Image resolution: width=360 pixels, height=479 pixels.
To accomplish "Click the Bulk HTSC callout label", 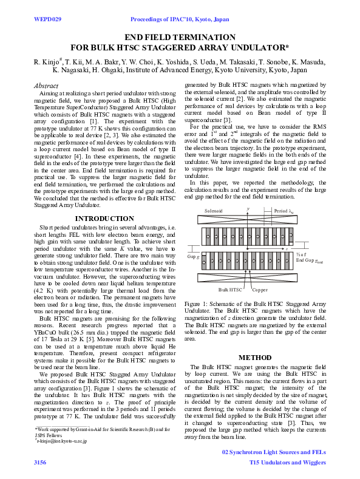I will point(229,290).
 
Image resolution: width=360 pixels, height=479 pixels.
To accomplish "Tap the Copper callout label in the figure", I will point(259,290).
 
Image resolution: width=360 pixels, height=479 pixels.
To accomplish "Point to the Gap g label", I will point(193,257).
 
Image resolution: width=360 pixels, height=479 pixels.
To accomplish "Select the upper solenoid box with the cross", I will point(248,220).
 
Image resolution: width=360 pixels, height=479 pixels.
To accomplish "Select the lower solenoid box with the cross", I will point(248,278).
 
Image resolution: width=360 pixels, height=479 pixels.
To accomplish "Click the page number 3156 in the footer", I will point(40,463).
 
